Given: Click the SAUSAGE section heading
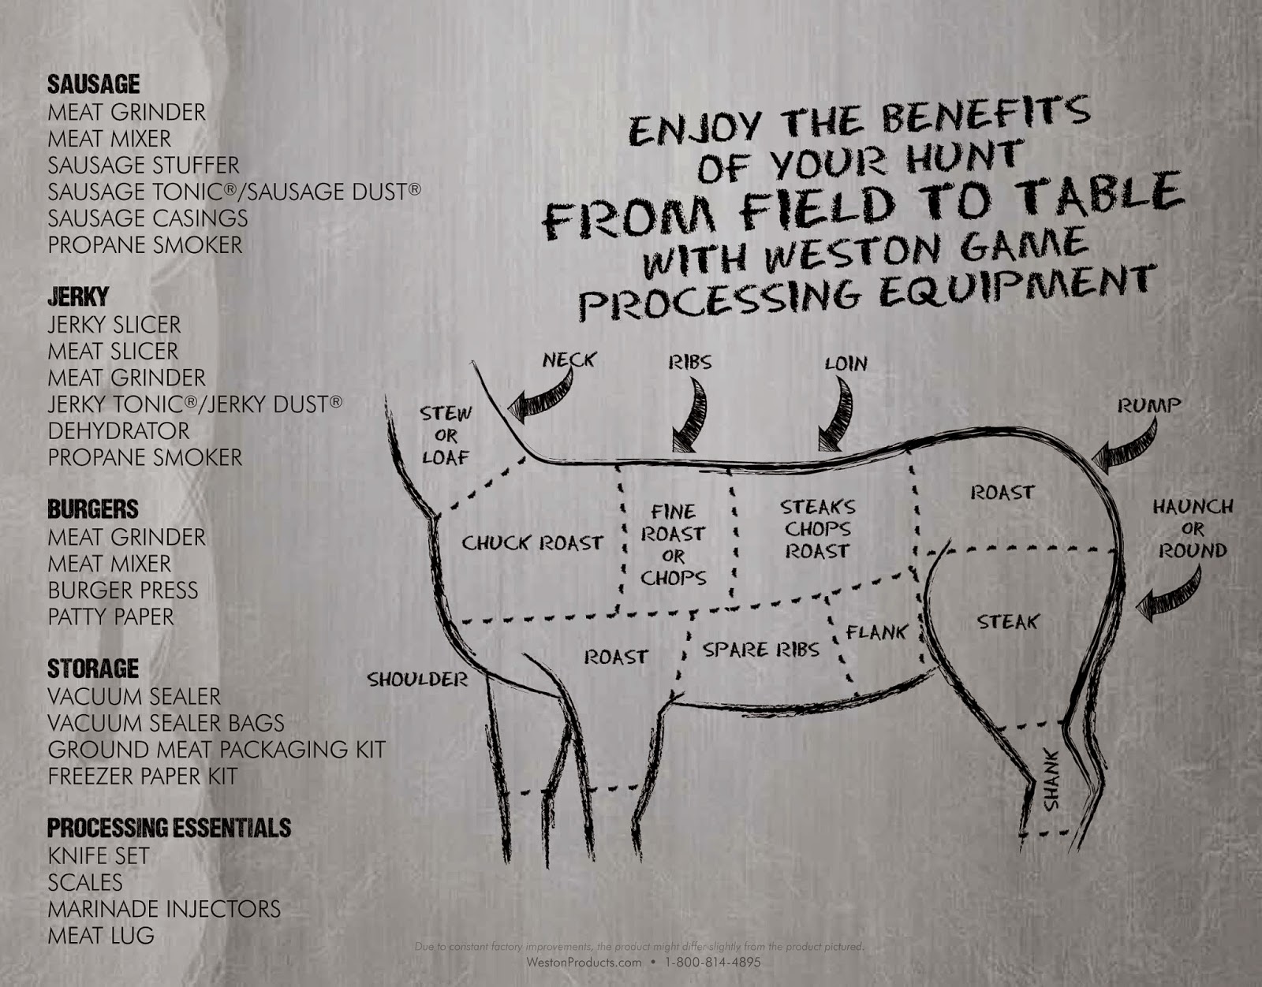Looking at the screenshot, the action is (x=94, y=84).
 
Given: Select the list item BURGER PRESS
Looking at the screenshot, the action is (x=123, y=590).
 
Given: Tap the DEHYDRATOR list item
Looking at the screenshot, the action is (x=118, y=431).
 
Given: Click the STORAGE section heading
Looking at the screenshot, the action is (x=93, y=669).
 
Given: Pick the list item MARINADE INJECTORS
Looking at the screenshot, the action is (x=164, y=909).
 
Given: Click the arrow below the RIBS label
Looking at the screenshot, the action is (x=691, y=415).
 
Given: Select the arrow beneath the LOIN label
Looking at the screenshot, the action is (x=838, y=413).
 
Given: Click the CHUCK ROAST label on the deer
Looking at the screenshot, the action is (x=532, y=543).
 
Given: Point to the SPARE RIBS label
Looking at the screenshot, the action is (x=761, y=650).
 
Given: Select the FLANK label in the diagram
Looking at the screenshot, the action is (x=876, y=631).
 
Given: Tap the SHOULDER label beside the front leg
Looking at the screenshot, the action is (x=417, y=680).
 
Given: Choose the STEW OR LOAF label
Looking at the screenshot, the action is (x=446, y=436).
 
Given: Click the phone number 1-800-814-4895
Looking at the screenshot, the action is (x=712, y=962).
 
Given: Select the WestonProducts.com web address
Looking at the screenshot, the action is (x=584, y=962).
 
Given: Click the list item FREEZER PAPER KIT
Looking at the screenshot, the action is (x=143, y=776).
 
